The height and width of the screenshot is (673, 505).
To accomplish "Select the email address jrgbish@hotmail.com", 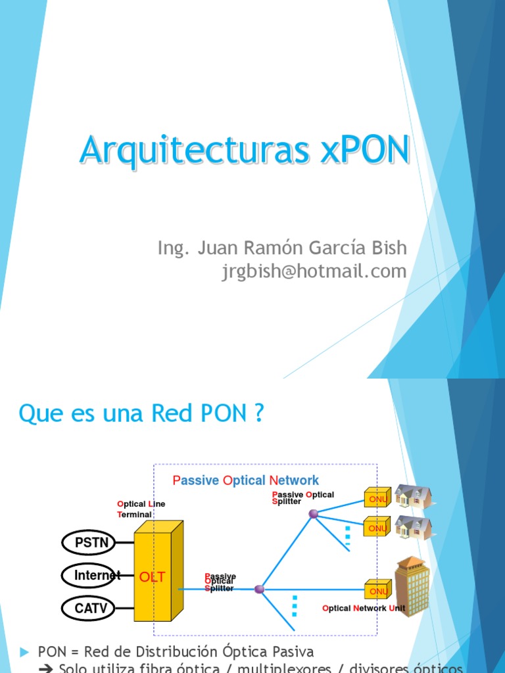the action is coord(314,271).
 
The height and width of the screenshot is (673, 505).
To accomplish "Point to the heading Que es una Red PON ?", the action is coord(141,414).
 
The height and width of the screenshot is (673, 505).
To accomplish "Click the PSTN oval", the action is coord(88,543).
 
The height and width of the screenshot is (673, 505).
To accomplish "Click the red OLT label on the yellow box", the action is coord(152,577).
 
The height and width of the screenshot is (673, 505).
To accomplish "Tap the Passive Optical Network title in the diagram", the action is coord(245,480).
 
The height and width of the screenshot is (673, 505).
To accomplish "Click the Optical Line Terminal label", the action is coord(141,509).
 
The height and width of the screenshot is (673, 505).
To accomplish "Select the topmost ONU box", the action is coord(377,498).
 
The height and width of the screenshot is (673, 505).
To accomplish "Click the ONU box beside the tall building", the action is coord(377,591).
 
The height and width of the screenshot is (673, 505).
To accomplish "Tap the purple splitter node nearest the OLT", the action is coord(259,590).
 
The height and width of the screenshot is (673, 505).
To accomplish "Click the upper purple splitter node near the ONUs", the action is coord(314,513).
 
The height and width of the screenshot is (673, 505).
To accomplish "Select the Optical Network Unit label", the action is coord(364,609).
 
